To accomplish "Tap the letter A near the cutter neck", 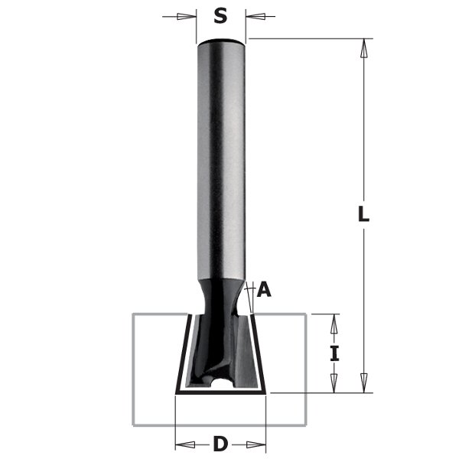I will click(265, 289).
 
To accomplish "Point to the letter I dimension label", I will click(334, 354).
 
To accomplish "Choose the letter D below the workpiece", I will click(220, 443).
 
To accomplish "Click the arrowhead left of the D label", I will click(184, 443).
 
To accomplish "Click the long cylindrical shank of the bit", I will click(221, 153).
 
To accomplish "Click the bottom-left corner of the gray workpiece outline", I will click(134, 426).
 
